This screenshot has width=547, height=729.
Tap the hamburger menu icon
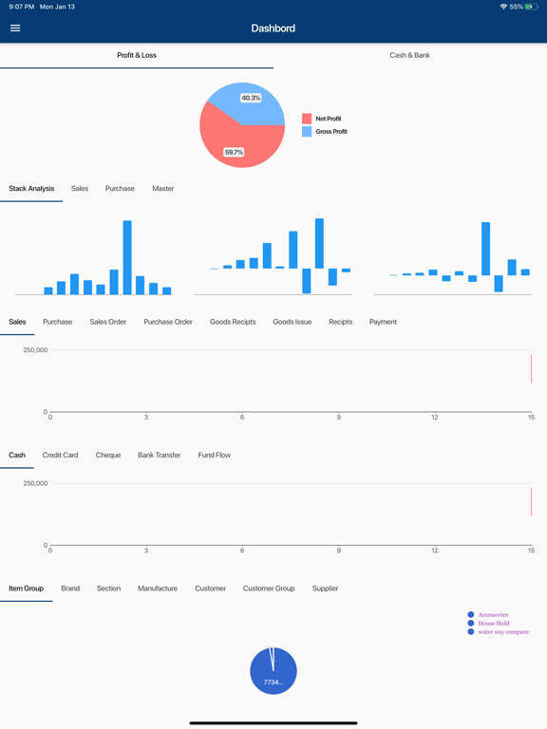click(15, 28)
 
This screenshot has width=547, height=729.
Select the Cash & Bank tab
click(409, 55)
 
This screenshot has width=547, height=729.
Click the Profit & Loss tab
click(137, 55)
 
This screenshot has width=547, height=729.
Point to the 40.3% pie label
click(251, 98)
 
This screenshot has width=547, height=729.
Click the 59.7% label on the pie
click(234, 152)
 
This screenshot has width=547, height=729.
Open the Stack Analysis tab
click(31, 189)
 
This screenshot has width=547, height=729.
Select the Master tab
click(163, 189)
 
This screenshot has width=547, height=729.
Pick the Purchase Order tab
click(168, 322)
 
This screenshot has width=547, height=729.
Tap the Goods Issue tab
click(292, 322)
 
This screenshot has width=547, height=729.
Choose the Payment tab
click(383, 322)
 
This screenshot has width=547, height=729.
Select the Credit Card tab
click(60, 455)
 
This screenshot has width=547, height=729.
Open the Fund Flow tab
click(215, 455)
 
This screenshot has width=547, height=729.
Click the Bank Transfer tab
click(159, 455)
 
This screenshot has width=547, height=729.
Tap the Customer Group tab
click(269, 589)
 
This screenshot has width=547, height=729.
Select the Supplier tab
click(325, 589)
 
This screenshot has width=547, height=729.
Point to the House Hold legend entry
click(493, 623)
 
